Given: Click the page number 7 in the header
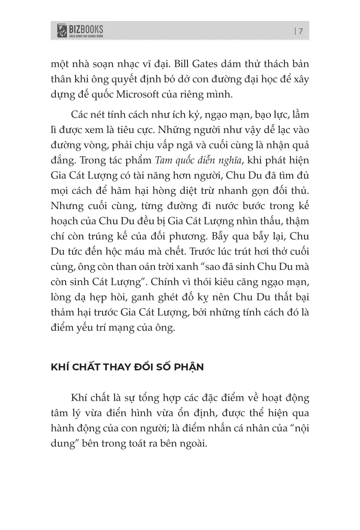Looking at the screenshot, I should (x=301, y=31).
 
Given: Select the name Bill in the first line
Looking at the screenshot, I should (x=183, y=64).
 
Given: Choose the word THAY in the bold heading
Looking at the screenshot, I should (x=113, y=367).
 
